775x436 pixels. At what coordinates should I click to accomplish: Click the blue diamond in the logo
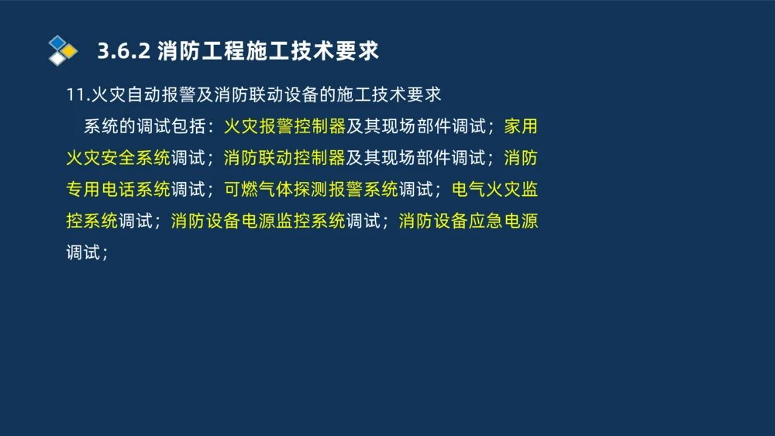(57, 42)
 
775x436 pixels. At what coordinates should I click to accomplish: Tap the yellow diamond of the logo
(70, 51)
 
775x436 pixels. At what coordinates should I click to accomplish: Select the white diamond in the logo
(57, 58)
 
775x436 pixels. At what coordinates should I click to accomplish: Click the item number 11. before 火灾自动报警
(77, 94)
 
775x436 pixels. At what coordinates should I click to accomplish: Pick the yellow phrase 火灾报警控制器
(284, 126)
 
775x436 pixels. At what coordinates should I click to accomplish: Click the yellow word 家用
(521, 126)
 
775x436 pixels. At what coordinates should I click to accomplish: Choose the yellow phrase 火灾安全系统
(118, 158)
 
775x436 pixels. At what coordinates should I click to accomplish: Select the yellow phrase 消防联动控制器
(284, 158)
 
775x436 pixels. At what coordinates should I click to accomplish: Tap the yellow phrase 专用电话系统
(118, 190)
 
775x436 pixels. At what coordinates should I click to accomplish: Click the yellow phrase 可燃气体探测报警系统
(311, 190)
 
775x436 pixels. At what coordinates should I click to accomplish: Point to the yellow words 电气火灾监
(494, 190)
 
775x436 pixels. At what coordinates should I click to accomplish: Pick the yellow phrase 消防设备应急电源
(468, 221)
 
